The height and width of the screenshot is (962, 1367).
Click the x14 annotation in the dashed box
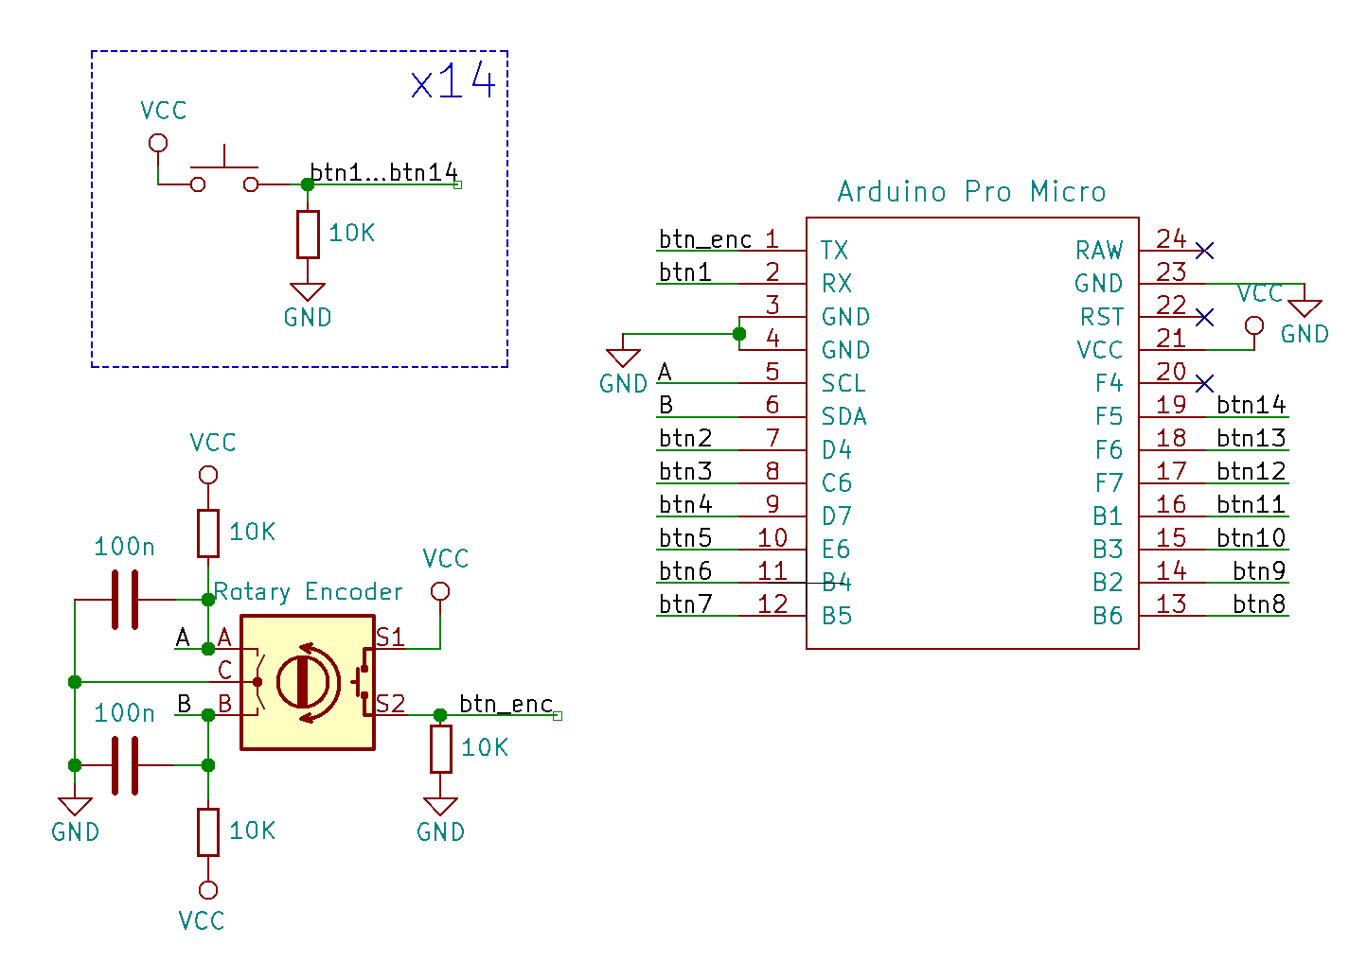coord(453,81)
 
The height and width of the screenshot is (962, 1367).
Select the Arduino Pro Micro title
coord(971,192)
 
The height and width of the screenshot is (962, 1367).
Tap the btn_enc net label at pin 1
coord(705,239)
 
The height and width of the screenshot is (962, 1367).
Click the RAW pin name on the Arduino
coord(1099,251)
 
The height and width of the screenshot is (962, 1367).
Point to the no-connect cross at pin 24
coord(1204,251)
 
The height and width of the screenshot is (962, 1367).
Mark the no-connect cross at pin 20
coord(1204,383)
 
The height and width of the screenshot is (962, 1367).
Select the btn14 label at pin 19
coord(1251,405)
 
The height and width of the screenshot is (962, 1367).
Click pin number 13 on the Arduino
coord(1171,603)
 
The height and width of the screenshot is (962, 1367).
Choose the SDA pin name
coord(843,417)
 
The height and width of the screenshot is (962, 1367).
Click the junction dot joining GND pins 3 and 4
coord(739,334)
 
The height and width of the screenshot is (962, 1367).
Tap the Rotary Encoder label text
coord(309,592)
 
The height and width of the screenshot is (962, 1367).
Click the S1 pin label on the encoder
coord(390,638)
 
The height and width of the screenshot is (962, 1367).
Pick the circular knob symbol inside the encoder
coord(303,681)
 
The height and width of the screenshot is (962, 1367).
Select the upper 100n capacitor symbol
coord(124,599)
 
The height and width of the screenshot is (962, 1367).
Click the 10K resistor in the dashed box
coord(308,235)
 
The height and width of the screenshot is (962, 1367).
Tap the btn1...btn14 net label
coord(383,172)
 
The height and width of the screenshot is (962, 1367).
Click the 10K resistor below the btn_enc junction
coord(440,749)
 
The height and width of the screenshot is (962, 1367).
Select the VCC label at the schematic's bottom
coord(202,920)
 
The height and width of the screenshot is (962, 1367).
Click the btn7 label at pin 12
coord(685,603)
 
